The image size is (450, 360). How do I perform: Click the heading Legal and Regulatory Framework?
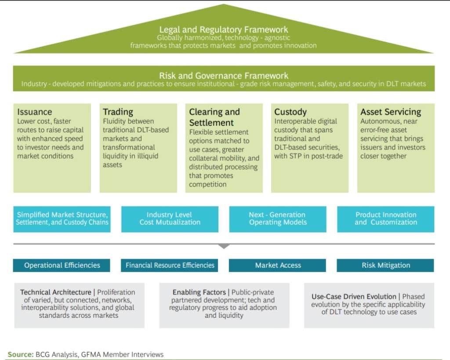click(x=224, y=29)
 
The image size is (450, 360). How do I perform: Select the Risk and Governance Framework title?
click(x=224, y=76)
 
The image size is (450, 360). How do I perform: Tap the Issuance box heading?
click(x=35, y=112)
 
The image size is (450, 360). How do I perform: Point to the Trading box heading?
click(x=118, y=112)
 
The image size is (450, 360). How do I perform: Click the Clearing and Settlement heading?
click(x=214, y=117)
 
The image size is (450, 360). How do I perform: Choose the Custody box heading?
click(x=290, y=112)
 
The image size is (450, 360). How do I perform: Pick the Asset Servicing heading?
click(x=391, y=112)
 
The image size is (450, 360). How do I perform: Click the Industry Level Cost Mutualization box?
click(x=170, y=219)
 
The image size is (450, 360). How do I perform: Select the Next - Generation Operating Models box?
click(x=278, y=219)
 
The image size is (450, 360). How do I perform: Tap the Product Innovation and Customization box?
click(x=385, y=219)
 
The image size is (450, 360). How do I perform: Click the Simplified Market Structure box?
click(x=62, y=219)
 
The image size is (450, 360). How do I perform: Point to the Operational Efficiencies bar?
click(x=62, y=265)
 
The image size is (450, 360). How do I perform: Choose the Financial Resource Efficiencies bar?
click(x=169, y=265)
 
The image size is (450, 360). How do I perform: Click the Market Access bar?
click(x=277, y=265)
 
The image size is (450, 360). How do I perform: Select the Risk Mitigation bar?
click(x=385, y=265)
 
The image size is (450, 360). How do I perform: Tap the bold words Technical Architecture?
click(x=56, y=292)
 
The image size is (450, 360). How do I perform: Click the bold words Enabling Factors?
click(x=199, y=292)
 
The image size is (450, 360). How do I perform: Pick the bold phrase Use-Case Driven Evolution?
click(x=354, y=297)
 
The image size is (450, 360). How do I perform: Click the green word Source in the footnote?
click(x=21, y=355)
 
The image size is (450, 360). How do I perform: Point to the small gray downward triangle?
click(x=224, y=247)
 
